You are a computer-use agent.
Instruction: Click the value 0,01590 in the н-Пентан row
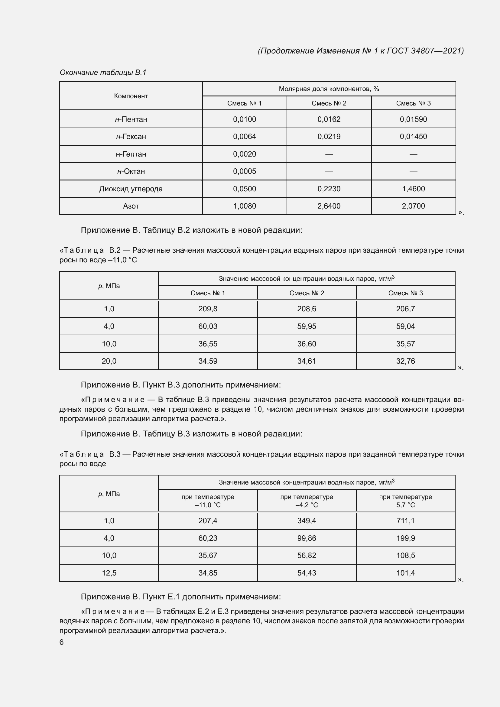413,119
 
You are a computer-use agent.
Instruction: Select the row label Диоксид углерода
131,189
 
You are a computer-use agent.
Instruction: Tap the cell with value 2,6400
329,206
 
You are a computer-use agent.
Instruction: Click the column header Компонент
131,96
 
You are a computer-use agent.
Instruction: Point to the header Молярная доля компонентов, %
329,89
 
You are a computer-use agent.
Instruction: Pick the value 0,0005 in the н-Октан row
245,171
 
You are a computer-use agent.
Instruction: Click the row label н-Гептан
131,154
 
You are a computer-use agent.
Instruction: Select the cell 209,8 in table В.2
208,309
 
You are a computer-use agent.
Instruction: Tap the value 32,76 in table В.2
405,361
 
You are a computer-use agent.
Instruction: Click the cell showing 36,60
307,344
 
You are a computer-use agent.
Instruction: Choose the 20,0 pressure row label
109,361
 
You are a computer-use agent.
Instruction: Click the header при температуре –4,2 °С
307,501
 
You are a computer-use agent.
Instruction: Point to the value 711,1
405,521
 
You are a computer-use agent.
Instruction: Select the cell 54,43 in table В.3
307,573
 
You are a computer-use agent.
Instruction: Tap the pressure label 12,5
109,573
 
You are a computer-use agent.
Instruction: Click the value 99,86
307,538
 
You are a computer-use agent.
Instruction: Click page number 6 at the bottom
62,642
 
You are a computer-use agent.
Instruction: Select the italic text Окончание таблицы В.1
103,72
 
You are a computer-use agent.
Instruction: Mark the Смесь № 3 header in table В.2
405,293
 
